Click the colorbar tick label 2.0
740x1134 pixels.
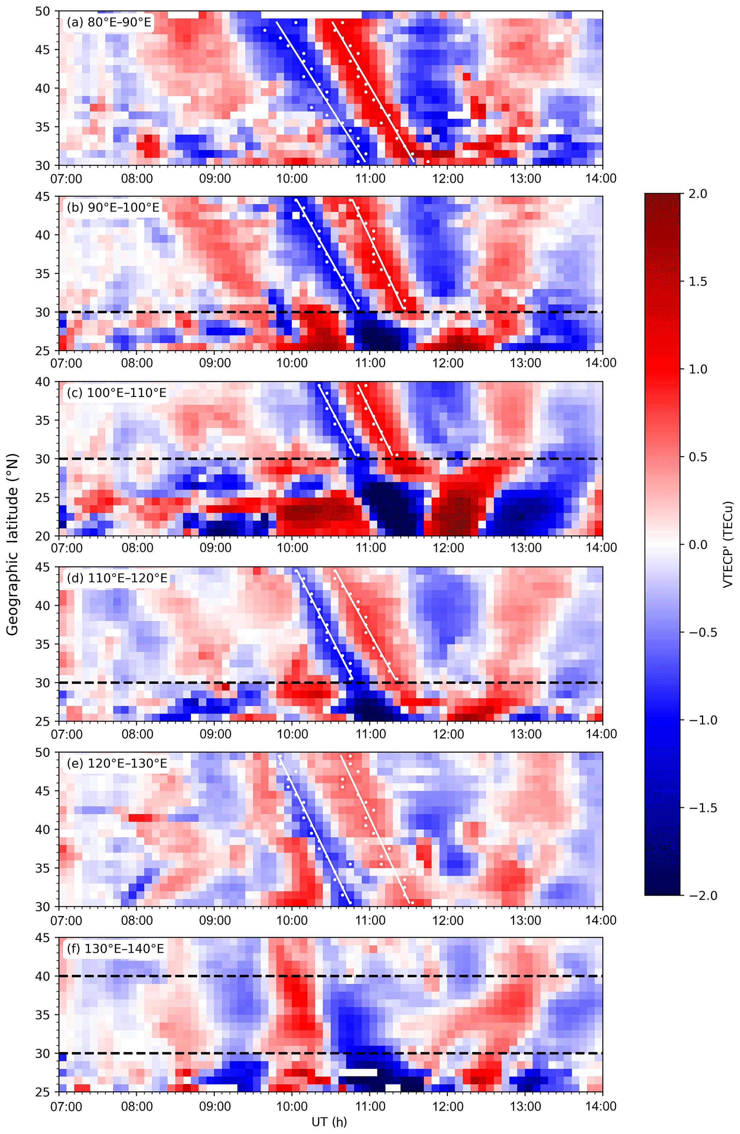pyautogui.click(x=698, y=194)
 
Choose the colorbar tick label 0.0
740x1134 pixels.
pyautogui.click(x=698, y=544)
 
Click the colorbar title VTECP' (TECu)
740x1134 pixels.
pyautogui.click(x=727, y=544)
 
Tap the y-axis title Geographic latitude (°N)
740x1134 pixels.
pyautogui.click(x=13, y=544)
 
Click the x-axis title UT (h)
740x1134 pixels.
pyautogui.click(x=329, y=1122)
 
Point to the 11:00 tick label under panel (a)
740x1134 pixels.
pyautogui.click(x=370, y=179)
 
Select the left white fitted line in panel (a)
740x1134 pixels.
pyautogui.click(x=320, y=91)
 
